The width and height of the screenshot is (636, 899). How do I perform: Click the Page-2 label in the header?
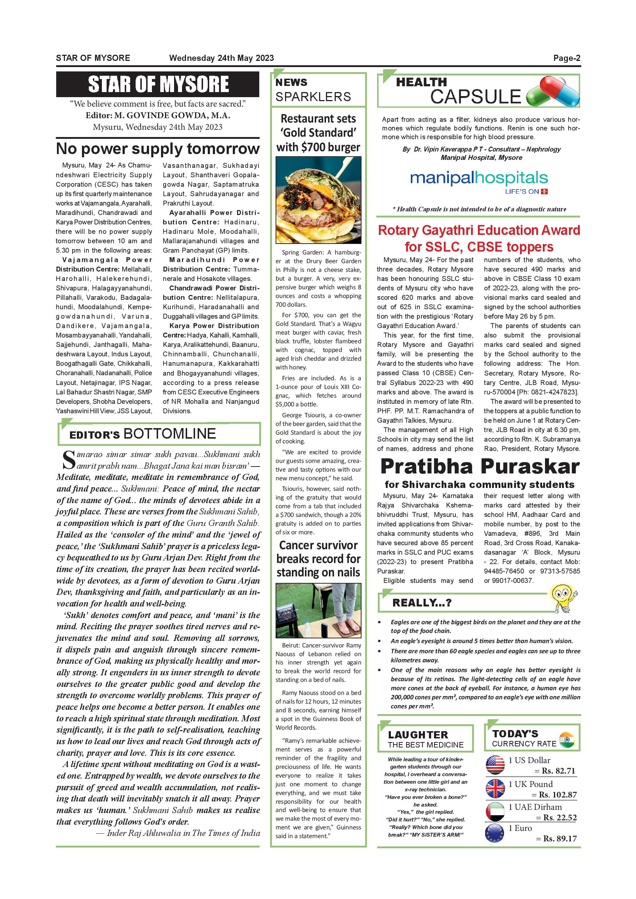click(x=566, y=58)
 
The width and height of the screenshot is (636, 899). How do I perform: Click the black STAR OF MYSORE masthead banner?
click(x=157, y=84)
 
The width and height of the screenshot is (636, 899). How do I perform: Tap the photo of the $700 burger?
click(x=318, y=200)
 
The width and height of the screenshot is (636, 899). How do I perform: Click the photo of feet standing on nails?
click(x=318, y=610)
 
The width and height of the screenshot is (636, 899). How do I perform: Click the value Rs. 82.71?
click(x=558, y=771)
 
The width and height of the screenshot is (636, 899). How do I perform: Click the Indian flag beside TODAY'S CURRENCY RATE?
click(x=567, y=739)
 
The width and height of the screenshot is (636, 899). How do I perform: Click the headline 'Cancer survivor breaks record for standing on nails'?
click(x=318, y=559)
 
